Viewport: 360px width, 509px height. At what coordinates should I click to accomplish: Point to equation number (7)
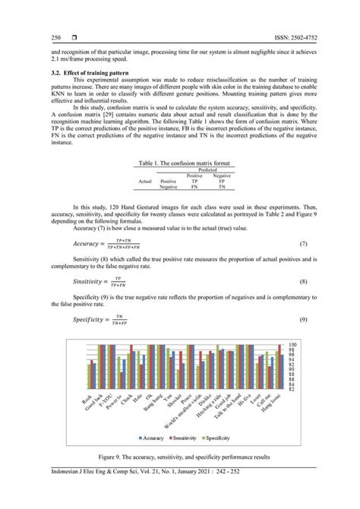pyautogui.click(x=303, y=244)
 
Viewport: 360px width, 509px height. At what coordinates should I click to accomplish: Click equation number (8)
pyautogui.click(x=303, y=281)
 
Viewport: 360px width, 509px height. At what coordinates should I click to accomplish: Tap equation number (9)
pyautogui.click(x=303, y=318)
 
